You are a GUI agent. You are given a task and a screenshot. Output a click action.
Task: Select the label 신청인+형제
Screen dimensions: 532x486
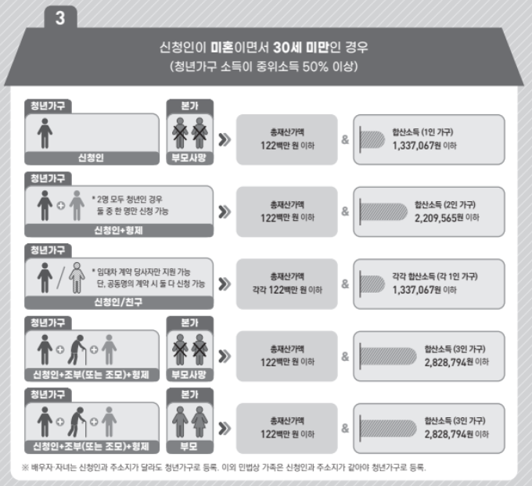pos(119,230)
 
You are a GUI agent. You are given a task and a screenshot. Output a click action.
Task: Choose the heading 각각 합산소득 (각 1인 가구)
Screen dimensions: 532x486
pos(434,276)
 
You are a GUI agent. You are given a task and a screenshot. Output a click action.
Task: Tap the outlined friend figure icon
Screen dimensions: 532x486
pos(76,277)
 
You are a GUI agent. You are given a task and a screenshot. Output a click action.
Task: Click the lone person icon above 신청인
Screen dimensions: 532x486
pos(45,134)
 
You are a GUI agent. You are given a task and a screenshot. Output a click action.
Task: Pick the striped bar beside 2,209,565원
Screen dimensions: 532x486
pos(382,211)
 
